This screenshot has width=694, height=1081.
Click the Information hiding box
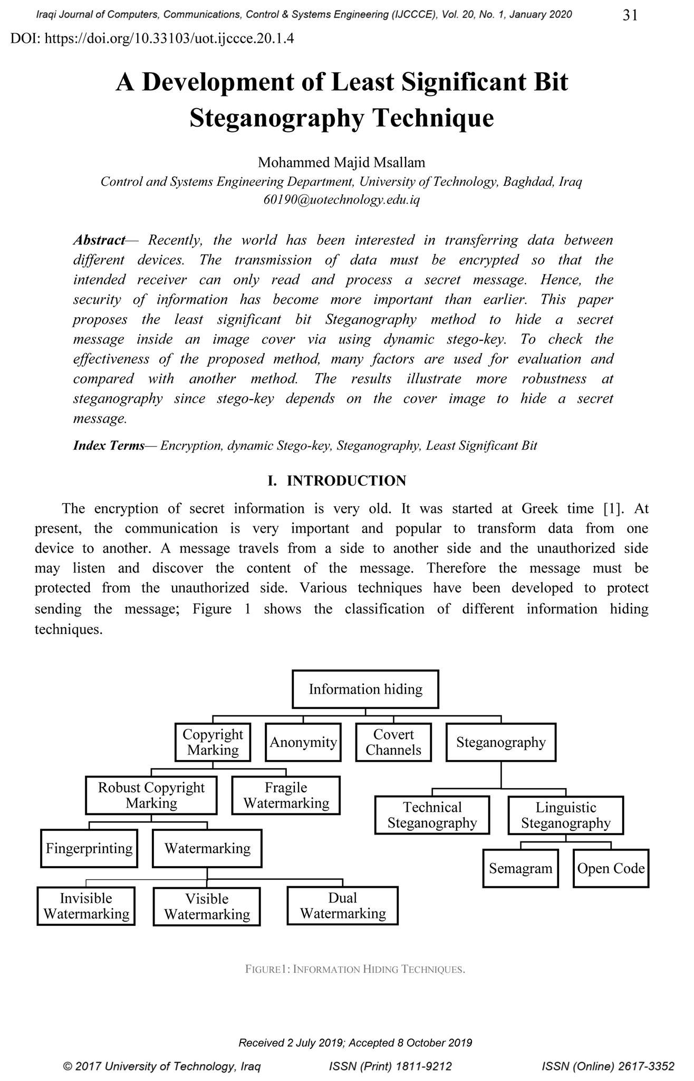[x=365, y=689]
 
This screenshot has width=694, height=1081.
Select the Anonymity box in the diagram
[x=303, y=742]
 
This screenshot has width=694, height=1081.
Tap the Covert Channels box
[x=393, y=742]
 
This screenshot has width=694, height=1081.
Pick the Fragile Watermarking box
[x=286, y=795]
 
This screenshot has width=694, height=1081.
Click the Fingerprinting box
[x=89, y=848]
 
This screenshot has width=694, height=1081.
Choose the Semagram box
[x=520, y=868]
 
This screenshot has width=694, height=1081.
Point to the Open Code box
[x=611, y=868]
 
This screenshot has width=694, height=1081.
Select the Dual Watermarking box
[x=343, y=906]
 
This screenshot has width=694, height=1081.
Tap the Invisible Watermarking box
[x=86, y=906]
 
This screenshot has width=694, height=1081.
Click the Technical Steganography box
[x=432, y=815]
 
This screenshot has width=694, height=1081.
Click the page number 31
[x=630, y=16]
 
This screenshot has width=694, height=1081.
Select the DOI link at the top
[x=152, y=39]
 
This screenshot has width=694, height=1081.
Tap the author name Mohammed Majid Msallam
[x=341, y=163]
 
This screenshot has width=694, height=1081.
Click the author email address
[x=341, y=201]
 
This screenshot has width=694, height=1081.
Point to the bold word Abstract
[x=99, y=241]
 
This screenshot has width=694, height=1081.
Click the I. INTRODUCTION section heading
[x=337, y=481]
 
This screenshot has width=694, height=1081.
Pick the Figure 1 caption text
[x=355, y=969]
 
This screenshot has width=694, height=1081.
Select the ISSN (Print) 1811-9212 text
[x=390, y=1067]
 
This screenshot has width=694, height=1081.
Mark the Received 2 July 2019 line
[x=355, y=1042]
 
